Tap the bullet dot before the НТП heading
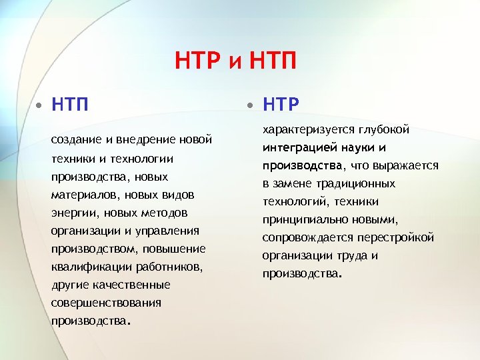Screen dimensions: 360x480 41,105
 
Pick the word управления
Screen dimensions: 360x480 168,230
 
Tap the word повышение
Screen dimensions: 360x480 178,248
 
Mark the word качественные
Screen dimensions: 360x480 131,285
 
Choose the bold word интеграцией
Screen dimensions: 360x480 296,147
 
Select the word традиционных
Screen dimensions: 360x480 357,183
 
